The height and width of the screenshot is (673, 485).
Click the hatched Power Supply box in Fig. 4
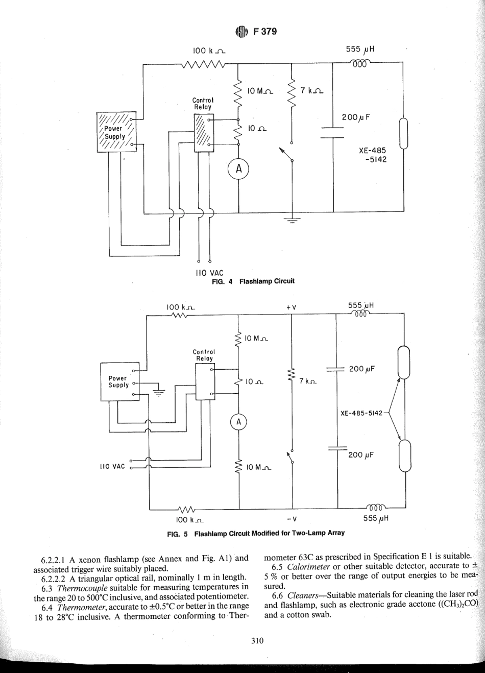tap(117, 132)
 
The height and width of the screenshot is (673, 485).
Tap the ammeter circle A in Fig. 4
tap(237, 170)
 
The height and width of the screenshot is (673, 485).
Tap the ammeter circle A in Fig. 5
tap(238, 422)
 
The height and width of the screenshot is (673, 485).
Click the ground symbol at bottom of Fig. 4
tap(292, 219)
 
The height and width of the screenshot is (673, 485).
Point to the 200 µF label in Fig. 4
tap(355, 117)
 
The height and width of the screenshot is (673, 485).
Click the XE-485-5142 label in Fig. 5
tap(361, 413)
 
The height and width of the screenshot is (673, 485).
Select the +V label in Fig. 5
tap(292, 307)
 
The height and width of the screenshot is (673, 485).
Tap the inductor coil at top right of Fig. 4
tap(360, 63)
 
